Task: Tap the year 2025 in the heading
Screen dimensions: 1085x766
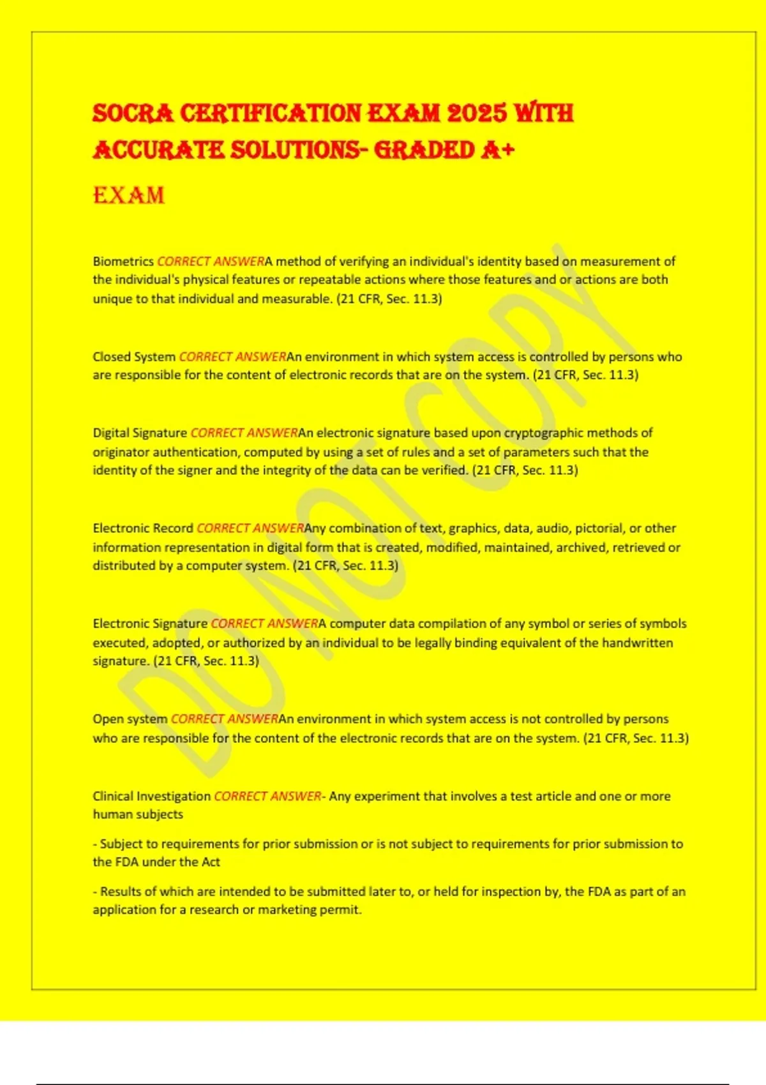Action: pyautogui.click(x=477, y=114)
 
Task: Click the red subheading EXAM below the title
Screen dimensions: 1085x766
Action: pyautogui.click(x=128, y=195)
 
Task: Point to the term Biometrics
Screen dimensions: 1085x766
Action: pyautogui.click(x=123, y=262)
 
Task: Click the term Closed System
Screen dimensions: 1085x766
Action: pyautogui.click(x=134, y=357)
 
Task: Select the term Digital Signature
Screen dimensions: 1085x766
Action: pyautogui.click(x=140, y=433)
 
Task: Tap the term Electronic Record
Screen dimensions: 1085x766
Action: pyautogui.click(x=143, y=528)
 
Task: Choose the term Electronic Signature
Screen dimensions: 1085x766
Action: pyautogui.click(x=150, y=624)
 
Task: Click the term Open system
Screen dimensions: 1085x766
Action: pyautogui.click(x=130, y=719)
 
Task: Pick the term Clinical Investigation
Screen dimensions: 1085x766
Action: pyautogui.click(x=151, y=797)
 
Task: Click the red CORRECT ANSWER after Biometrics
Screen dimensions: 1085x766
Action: pyautogui.click(x=211, y=262)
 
